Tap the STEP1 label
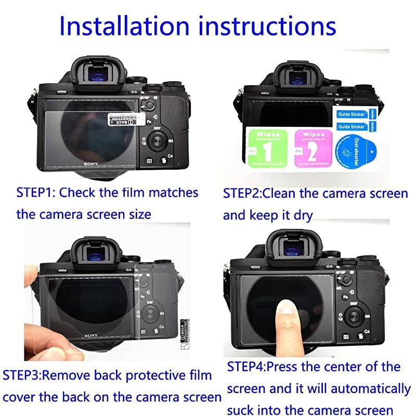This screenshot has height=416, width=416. [36, 192]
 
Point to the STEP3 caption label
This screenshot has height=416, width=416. [22, 375]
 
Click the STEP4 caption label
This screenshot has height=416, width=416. [246, 367]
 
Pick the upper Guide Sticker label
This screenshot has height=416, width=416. [352, 113]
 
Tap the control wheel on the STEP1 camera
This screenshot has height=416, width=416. [156, 141]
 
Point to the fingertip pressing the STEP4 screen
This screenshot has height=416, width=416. [285, 313]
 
